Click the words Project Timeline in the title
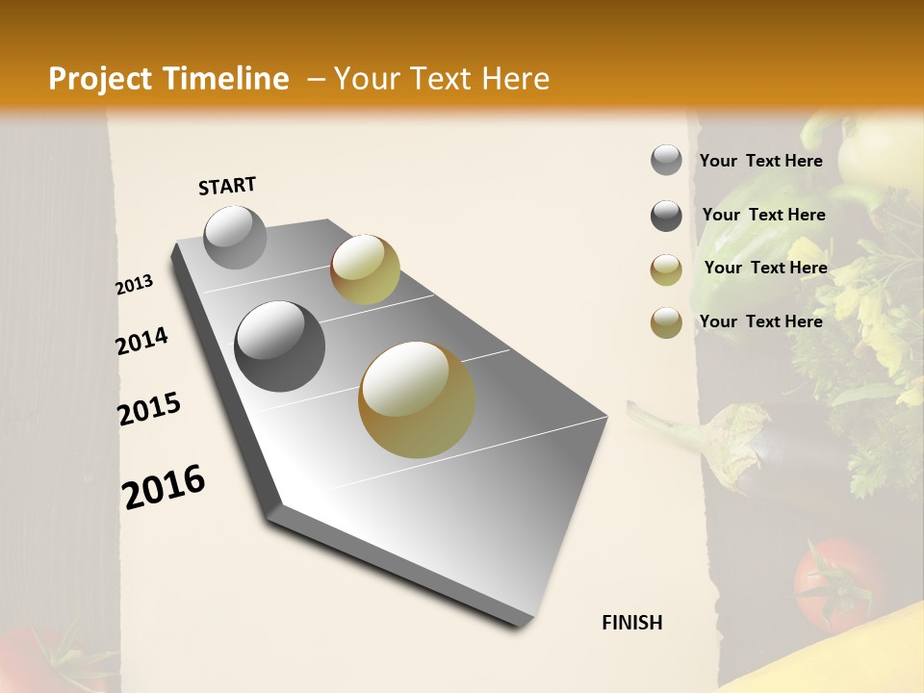(x=168, y=79)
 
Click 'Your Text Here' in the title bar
(x=441, y=79)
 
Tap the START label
(x=227, y=186)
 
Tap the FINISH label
(x=631, y=623)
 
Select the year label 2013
(x=134, y=285)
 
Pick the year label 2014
(x=141, y=341)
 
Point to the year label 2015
(x=149, y=409)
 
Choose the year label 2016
(x=164, y=487)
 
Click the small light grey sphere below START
(x=235, y=237)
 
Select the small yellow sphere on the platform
(x=365, y=269)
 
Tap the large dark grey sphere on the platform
(x=280, y=346)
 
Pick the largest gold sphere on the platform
(x=417, y=399)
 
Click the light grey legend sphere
(x=666, y=161)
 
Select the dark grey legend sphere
(x=666, y=216)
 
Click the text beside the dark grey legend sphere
(x=763, y=215)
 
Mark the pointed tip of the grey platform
(x=525, y=624)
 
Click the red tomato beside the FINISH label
(x=829, y=583)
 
